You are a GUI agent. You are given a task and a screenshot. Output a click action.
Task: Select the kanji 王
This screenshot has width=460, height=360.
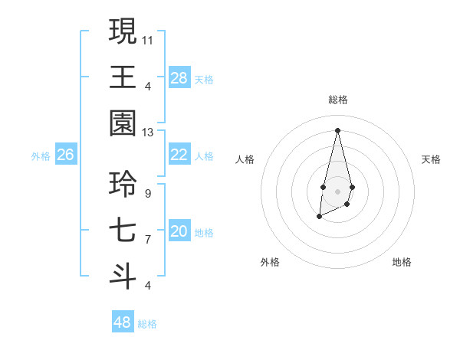pos(123,77)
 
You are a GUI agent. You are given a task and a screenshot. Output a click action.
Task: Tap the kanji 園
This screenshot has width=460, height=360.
pos(123,123)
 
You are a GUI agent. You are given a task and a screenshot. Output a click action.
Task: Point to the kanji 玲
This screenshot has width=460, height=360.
pos(123,184)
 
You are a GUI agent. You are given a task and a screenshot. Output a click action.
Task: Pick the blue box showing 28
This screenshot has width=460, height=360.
pos(179,77)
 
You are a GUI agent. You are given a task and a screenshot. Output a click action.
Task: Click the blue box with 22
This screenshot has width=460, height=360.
pos(179,155)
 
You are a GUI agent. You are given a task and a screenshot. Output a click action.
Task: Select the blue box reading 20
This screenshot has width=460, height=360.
pos(179,231)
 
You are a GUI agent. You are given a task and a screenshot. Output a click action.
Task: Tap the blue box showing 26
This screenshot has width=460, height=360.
pos(65,155)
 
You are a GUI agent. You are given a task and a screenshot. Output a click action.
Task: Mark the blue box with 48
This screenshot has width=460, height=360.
pos(123,322)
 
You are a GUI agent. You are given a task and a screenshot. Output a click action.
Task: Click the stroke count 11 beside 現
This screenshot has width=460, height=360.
pos(148,39)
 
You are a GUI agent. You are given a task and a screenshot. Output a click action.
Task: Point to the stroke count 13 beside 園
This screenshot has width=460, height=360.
pos(148,132)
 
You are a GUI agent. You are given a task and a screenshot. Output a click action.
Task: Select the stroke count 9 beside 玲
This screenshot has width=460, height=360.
pos(147,193)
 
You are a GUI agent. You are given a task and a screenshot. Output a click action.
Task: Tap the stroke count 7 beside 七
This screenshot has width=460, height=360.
pos(147,239)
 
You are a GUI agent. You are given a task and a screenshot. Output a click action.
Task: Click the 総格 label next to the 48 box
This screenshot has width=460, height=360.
pos(147,324)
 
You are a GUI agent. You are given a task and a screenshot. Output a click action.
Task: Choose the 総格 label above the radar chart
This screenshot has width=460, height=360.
pos(337,100)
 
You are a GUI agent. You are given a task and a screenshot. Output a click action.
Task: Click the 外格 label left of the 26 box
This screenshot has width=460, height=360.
pos(41,156)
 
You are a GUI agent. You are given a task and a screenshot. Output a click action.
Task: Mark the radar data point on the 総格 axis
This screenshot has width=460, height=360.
pos(337,129)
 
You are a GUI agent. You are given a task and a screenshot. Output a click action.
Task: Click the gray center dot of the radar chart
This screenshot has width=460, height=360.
pos(337,190)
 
